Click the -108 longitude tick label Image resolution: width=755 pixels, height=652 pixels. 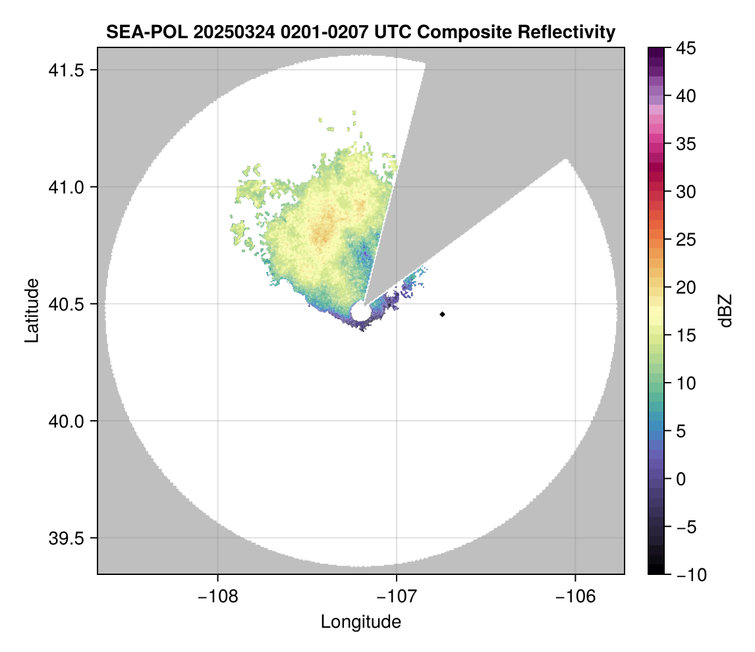[217, 597]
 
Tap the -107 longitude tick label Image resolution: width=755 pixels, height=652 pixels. [397, 597]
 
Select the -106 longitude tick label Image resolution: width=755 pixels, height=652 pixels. [576, 597]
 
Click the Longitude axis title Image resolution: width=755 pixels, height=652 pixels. [361, 621]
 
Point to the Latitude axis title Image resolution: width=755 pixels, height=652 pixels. [32, 310]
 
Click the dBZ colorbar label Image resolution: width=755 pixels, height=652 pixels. [725, 310]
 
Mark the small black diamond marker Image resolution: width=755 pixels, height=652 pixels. [443, 314]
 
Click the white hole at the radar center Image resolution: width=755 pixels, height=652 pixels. [360, 312]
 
